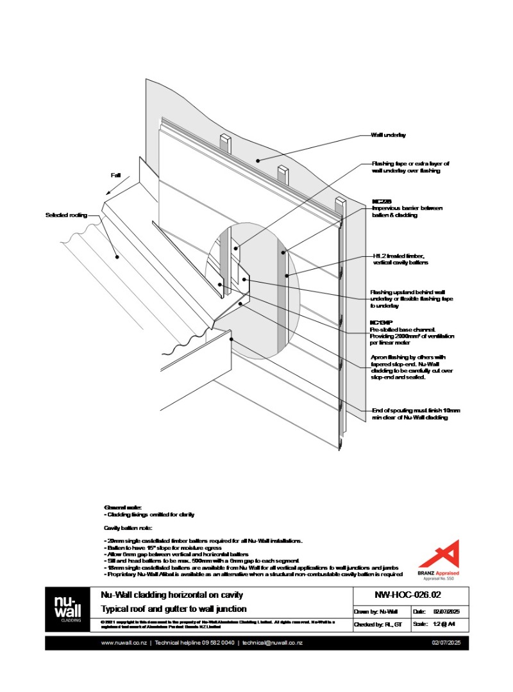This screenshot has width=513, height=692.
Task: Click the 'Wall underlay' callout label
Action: click(388, 135)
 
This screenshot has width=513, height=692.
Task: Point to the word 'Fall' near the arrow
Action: click(115, 175)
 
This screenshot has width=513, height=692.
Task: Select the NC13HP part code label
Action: click(382, 323)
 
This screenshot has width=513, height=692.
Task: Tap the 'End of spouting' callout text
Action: click(416, 414)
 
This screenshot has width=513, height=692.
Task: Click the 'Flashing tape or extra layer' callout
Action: click(410, 167)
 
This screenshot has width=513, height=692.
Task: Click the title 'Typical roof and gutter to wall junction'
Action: click(173, 609)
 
